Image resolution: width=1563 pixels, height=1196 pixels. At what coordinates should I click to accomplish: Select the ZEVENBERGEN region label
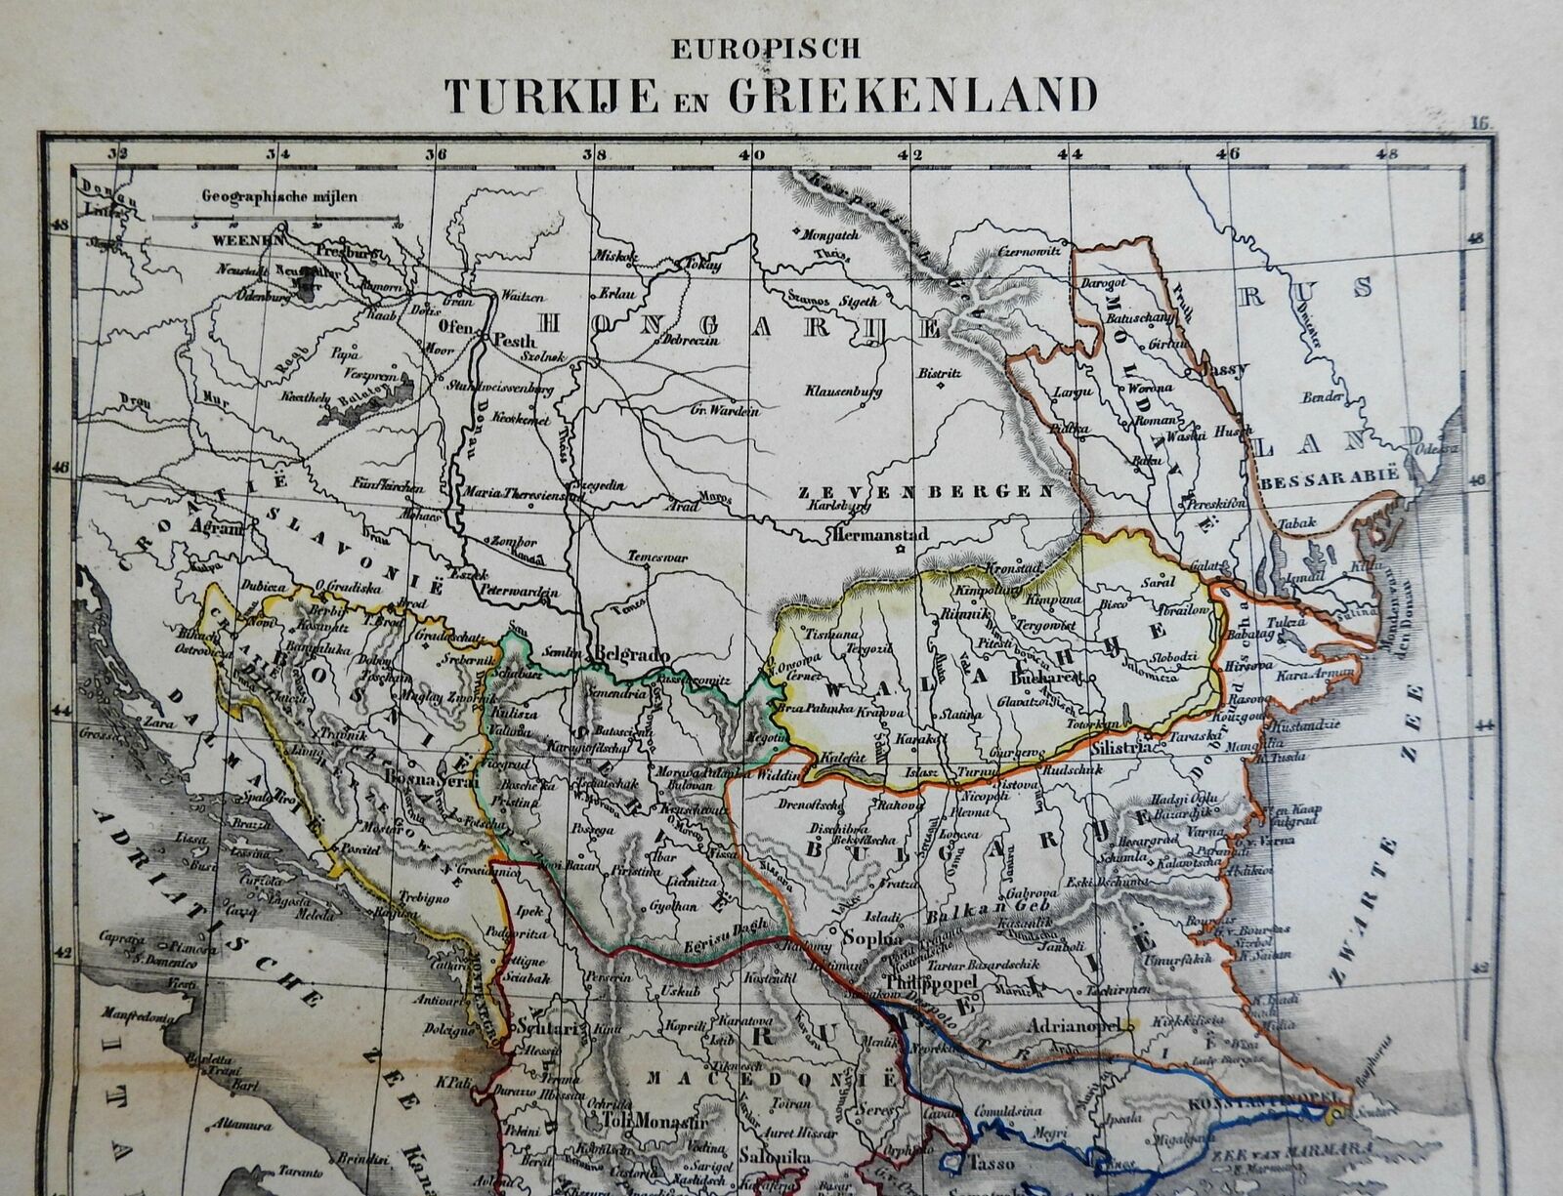click(929, 491)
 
